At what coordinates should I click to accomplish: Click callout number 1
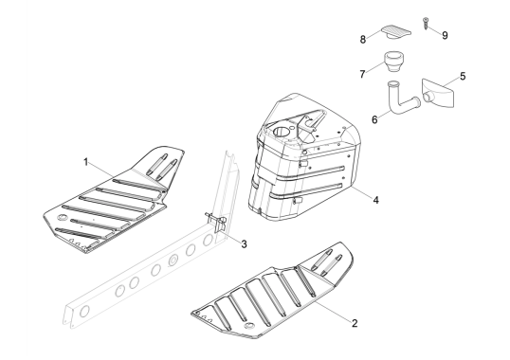point(86,162)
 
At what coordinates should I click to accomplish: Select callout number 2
point(355,323)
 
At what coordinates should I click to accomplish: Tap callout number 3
point(244,243)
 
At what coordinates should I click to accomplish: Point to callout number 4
point(375,200)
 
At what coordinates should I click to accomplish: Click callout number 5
point(463,77)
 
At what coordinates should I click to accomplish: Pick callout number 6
point(374,119)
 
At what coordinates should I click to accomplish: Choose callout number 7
point(362,75)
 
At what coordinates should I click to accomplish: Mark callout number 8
point(363,40)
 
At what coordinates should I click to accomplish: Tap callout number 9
point(445,35)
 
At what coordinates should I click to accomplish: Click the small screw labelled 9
point(426,24)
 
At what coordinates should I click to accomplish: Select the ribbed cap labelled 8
point(396,31)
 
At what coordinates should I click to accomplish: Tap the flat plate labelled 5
point(438,92)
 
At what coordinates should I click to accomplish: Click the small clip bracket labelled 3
point(216,222)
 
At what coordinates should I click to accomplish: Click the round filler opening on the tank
point(282,132)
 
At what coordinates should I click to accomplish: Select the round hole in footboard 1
point(62,217)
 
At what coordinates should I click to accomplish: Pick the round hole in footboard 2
point(250,326)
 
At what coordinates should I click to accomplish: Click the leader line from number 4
point(361,192)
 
